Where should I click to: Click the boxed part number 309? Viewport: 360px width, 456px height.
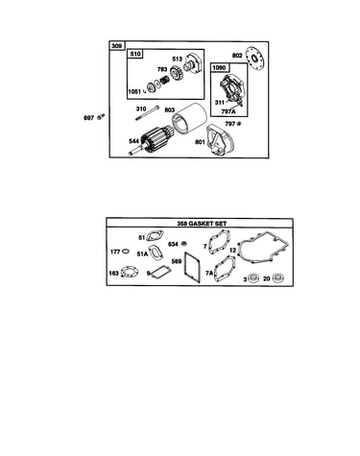coord(117,46)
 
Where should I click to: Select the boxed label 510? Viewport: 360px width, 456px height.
coord(135,54)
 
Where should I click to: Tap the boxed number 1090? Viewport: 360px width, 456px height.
coord(219,68)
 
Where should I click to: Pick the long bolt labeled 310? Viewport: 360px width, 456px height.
coord(147,113)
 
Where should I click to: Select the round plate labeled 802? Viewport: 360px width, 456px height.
coord(254,59)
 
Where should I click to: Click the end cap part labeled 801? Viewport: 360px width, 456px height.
coord(222,141)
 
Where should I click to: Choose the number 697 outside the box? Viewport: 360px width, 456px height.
coord(88,118)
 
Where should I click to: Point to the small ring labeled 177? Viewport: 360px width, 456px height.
coord(126,252)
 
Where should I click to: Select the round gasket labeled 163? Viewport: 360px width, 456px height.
coord(131,273)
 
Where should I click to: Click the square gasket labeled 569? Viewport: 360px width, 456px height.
coord(192,268)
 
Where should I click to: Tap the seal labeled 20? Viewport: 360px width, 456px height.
coord(278,278)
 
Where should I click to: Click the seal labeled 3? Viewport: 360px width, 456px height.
coord(254,278)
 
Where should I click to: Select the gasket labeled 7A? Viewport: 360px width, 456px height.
coord(226,270)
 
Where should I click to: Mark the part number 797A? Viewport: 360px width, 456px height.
coord(228,111)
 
